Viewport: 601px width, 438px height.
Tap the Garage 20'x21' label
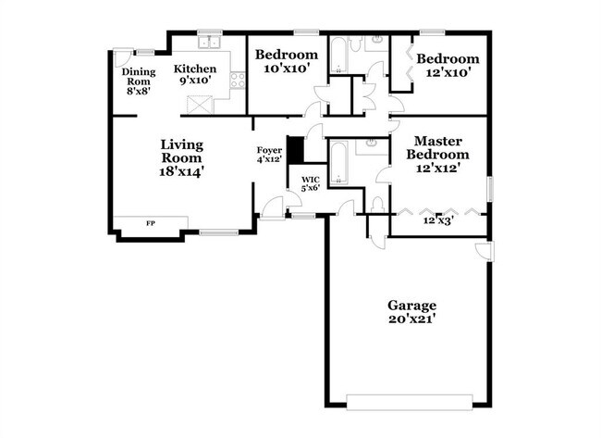pos(412,312)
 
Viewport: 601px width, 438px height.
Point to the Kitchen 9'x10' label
pos(195,74)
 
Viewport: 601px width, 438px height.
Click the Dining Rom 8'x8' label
pos(139,81)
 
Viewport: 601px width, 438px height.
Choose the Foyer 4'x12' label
pos(269,155)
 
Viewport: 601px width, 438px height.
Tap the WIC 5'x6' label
pos(311,184)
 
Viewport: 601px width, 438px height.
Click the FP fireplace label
pos(151,222)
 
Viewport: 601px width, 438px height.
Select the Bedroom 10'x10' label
pos(287,61)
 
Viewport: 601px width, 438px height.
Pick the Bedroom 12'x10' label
pos(448,65)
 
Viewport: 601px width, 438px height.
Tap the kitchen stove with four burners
pos(238,81)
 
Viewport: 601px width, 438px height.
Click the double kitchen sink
pos(209,42)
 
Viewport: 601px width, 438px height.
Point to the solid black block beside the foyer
pos(296,149)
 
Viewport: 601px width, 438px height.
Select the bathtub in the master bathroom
pos(338,163)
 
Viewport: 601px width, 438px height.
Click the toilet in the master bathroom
pos(378,205)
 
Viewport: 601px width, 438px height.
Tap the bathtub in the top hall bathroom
pos(338,55)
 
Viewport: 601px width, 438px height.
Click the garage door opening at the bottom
pos(410,402)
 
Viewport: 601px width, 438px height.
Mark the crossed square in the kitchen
pos(200,105)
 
